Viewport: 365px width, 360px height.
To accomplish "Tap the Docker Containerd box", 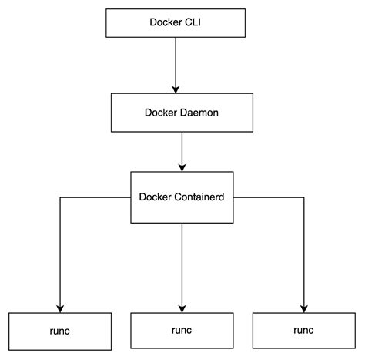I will point(181,197).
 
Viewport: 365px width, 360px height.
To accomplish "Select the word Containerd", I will point(198,197).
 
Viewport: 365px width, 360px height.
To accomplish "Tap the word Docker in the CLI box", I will point(165,21).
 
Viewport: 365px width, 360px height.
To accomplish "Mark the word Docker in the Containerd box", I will point(156,197).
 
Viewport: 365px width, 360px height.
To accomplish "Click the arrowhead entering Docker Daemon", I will point(176,88).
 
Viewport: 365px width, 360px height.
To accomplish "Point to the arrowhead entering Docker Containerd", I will point(182,167).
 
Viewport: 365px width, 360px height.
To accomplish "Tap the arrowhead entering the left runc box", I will point(59,307).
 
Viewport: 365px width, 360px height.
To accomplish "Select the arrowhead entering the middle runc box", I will point(182,307).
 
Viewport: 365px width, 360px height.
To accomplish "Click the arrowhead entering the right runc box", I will point(303,307).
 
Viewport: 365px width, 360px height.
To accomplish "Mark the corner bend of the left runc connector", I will point(59,197).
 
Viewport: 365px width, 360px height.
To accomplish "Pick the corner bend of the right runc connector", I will point(303,197).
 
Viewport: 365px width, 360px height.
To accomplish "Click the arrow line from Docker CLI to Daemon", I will point(176,62).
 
